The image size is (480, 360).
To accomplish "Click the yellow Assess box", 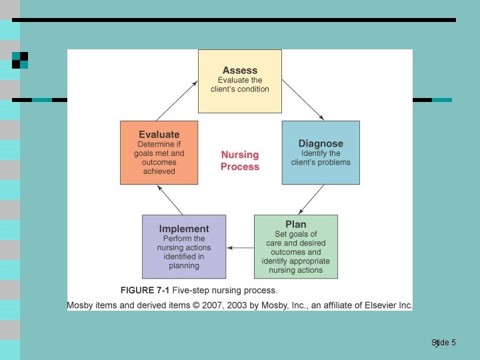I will tap(240, 81).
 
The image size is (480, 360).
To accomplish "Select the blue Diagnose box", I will tap(321, 153).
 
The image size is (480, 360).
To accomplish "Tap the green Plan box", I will tap(296, 247).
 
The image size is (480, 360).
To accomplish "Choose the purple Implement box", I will tap(184, 247).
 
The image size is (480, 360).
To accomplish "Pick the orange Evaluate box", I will tap(159, 153).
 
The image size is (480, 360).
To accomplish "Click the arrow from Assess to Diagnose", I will tap(303, 101).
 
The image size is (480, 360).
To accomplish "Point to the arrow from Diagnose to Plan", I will tap(311, 199).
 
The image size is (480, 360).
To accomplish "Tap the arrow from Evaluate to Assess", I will tap(178, 101).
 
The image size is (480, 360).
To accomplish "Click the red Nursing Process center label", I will tap(240, 161).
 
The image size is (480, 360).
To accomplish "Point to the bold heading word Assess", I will tap(240, 70).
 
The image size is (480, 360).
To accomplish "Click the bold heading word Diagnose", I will tap(321, 143).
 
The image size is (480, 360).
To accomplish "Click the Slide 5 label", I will tap(444, 343).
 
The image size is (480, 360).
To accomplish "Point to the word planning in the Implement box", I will tap(184, 265).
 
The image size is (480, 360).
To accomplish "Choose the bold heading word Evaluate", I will tap(159, 134).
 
